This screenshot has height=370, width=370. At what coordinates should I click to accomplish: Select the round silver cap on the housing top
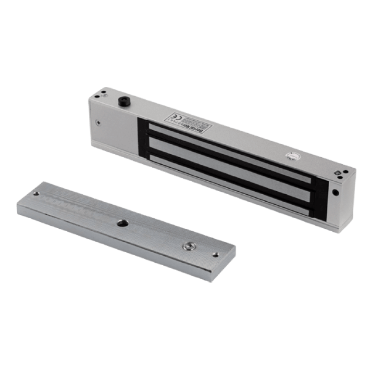(291, 157)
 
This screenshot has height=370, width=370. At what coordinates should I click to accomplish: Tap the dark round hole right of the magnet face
(335, 192)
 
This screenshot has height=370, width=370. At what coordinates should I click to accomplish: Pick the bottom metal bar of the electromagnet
(229, 184)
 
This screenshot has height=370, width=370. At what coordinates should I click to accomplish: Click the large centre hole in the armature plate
(121, 223)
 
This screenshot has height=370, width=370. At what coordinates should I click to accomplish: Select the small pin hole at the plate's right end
(216, 255)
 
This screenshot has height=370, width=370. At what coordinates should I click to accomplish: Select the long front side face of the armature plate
(111, 242)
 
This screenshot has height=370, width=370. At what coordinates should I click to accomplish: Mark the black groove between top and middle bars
(229, 159)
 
